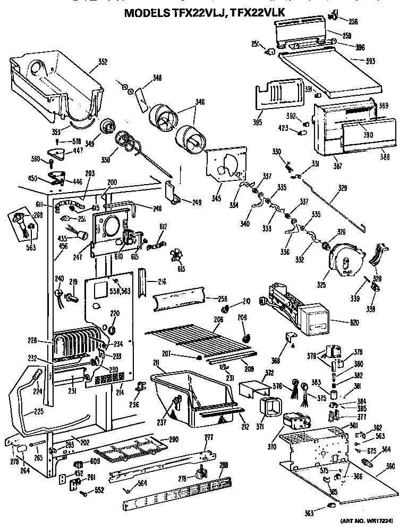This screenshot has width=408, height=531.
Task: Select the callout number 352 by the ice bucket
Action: click(x=102, y=62)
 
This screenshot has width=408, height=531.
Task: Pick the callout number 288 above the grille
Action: click(x=224, y=464)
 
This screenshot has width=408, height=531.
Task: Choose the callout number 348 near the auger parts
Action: click(x=157, y=78)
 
